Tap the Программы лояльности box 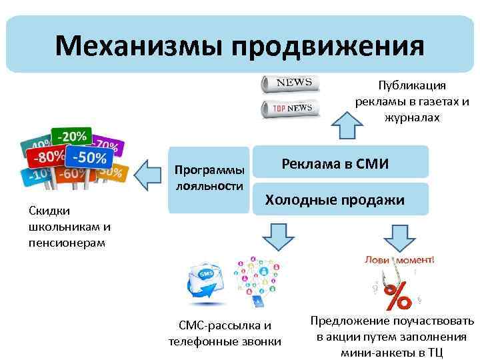(x=209, y=178)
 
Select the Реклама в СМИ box (x=335, y=164)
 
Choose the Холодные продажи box (x=335, y=199)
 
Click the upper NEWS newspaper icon (x=290, y=84)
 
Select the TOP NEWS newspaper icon (x=290, y=107)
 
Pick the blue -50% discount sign (x=88, y=158)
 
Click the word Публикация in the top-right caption (x=412, y=86)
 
